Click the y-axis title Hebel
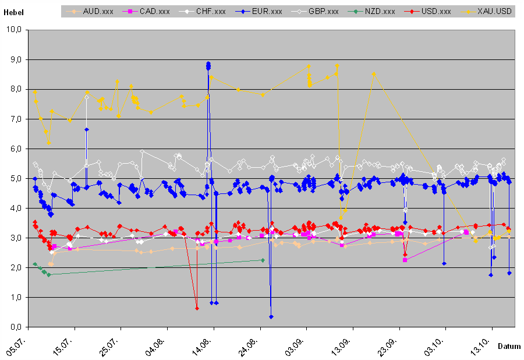pyautogui.click(x=13, y=12)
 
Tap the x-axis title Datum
pyautogui.click(x=509, y=346)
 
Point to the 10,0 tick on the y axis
pyautogui.click(x=13, y=30)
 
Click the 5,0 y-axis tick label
pyautogui.click(x=15, y=178)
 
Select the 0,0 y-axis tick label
pyautogui.click(x=15, y=327)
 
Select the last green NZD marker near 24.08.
pyautogui.click(x=263, y=260)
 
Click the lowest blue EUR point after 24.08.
pyautogui.click(x=271, y=316)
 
